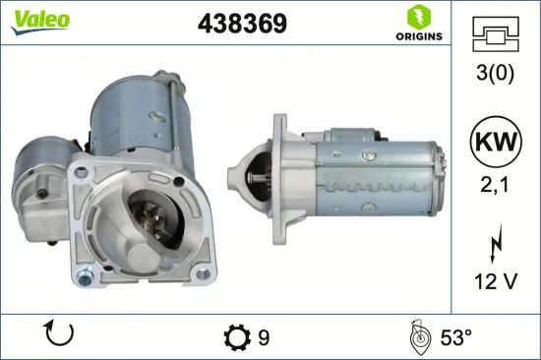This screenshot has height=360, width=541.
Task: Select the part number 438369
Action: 242,25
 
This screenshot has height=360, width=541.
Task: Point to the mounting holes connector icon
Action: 495,35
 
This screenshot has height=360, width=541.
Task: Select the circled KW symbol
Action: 495,142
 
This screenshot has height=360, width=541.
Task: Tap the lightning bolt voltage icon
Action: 495,240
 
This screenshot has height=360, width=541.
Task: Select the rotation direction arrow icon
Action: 60,336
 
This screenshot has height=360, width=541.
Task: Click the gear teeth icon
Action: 236,337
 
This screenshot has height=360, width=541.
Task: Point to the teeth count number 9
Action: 264,337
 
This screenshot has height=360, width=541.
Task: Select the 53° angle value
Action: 455,337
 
